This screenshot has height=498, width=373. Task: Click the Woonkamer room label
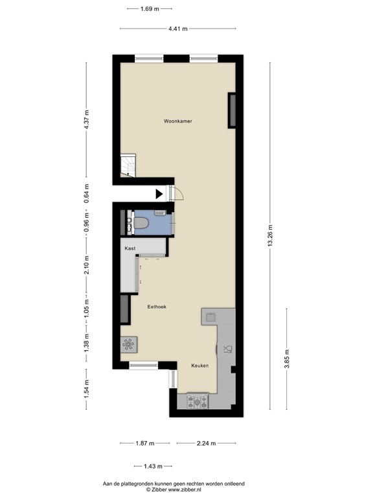(x=177, y=121)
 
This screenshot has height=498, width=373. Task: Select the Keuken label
(x=199, y=366)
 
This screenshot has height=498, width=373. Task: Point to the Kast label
(x=130, y=248)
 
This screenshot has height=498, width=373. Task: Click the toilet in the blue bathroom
(x=139, y=224)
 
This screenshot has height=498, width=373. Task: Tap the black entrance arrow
(x=159, y=193)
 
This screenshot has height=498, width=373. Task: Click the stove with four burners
(x=197, y=401)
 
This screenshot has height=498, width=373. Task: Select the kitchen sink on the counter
(x=227, y=350)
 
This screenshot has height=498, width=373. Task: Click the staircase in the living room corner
(x=127, y=166)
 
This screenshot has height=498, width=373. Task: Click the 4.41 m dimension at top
(x=177, y=29)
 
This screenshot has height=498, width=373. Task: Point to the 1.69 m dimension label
(x=150, y=8)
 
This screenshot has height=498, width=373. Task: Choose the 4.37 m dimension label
(x=86, y=120)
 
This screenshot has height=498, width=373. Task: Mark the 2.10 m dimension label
(x=86, y=266)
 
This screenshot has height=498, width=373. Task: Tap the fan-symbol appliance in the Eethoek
(x=128, y=344)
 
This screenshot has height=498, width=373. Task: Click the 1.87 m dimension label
(x=145, y=444)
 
